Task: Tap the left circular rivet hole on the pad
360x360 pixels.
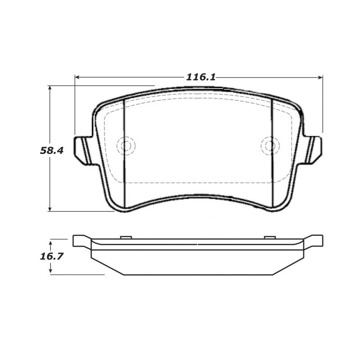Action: [126, 146]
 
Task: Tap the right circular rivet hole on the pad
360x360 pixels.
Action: [270, 146]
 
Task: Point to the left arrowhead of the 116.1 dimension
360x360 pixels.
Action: [77, 77]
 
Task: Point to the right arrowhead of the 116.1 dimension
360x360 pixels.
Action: [320, 77]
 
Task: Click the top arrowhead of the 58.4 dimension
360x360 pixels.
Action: [50, 88]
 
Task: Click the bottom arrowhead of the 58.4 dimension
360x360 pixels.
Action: [50, 208]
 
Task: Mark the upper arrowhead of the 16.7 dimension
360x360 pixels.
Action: [51, 242]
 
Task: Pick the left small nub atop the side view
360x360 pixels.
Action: [126, 237]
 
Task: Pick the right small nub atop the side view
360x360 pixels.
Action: [270, 237]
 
